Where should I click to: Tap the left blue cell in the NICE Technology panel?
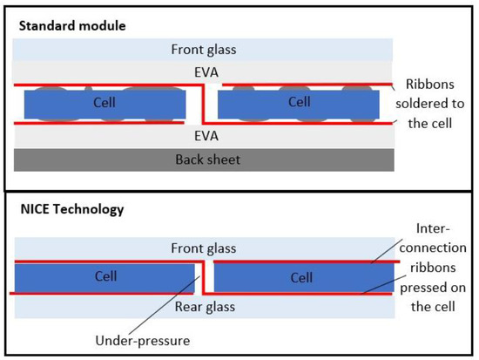coord(104,278)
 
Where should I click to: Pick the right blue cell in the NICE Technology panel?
coord(301,278)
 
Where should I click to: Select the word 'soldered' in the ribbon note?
coord(435,104)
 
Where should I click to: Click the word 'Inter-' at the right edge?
coord(435,228)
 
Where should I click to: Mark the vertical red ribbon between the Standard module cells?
coord(202,104)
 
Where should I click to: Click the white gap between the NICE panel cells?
coord(206,278)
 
